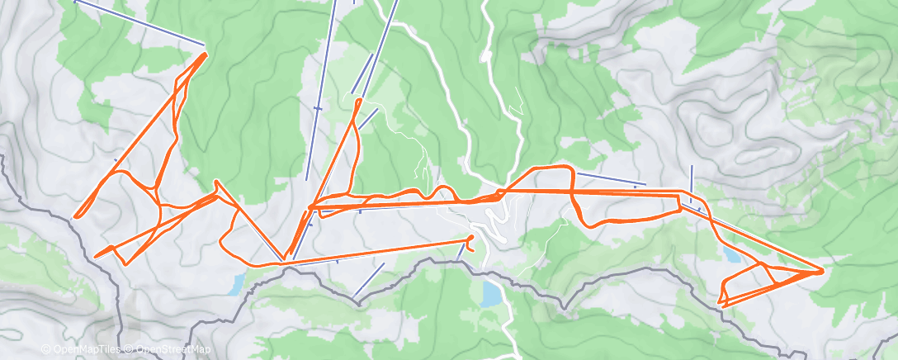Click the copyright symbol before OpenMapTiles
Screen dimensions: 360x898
click(45, 349)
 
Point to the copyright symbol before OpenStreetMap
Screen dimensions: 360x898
click(122, 349)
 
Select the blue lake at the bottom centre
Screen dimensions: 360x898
click(492, 293)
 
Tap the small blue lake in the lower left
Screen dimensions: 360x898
click(236, 285)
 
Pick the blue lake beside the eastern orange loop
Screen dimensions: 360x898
click(730, 253)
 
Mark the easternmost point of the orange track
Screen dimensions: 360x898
click(823, 269)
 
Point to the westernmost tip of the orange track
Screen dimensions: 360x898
click(75, 217)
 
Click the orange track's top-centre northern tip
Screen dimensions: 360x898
click(358, 100)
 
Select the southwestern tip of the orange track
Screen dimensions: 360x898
click(97, 255)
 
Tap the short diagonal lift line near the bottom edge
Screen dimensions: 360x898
click(369, 281)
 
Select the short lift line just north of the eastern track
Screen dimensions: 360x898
click(610, 178)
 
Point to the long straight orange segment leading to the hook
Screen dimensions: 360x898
click(371, 253)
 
